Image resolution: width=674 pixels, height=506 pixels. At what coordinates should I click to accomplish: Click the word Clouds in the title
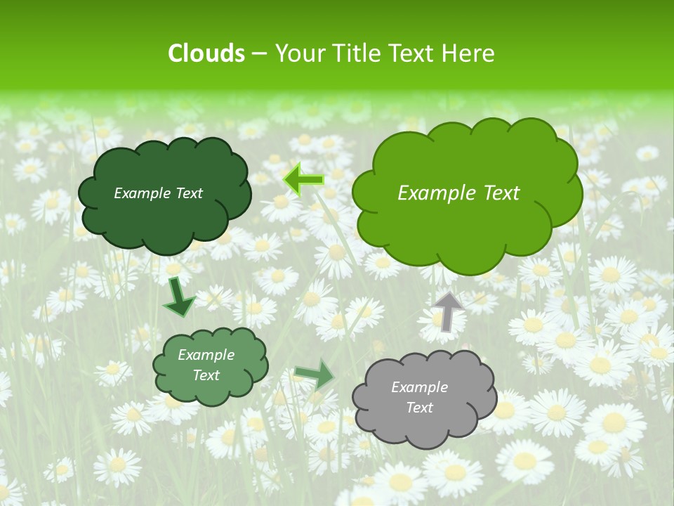pyautogui.click(x=206, y=53)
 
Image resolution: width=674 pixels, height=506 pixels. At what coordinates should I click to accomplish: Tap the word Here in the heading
pyautogui.click(x=468, y=53)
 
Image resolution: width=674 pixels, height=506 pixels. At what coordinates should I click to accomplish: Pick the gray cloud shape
pyautogui.click(x=424, y=424)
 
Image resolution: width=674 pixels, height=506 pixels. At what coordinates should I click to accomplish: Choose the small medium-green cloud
pyautogui.click(x=211, y=391)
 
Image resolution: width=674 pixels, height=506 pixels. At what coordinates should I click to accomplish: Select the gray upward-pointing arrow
pyautogui.click(x=448, y=311)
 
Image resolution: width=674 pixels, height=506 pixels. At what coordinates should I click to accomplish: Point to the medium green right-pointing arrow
pyautogui.click(x=314, y=374)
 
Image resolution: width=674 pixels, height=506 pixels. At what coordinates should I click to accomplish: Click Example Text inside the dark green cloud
pyautogui.click(x=158, y=193)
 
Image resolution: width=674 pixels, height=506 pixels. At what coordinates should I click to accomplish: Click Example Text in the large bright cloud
pyautogui.click(x=458, y=193)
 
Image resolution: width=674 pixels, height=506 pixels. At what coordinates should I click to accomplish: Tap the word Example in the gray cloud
pyautogui.click(x=419, y=387)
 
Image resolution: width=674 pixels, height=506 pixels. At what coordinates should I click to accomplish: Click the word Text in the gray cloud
pyautogui.click(x=419, y=408)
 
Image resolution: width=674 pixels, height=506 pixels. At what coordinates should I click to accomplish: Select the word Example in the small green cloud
pyautogui.click(x=206, y=355)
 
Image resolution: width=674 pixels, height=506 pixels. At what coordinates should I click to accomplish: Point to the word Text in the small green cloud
pyautogui.click(x=206, y=375)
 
